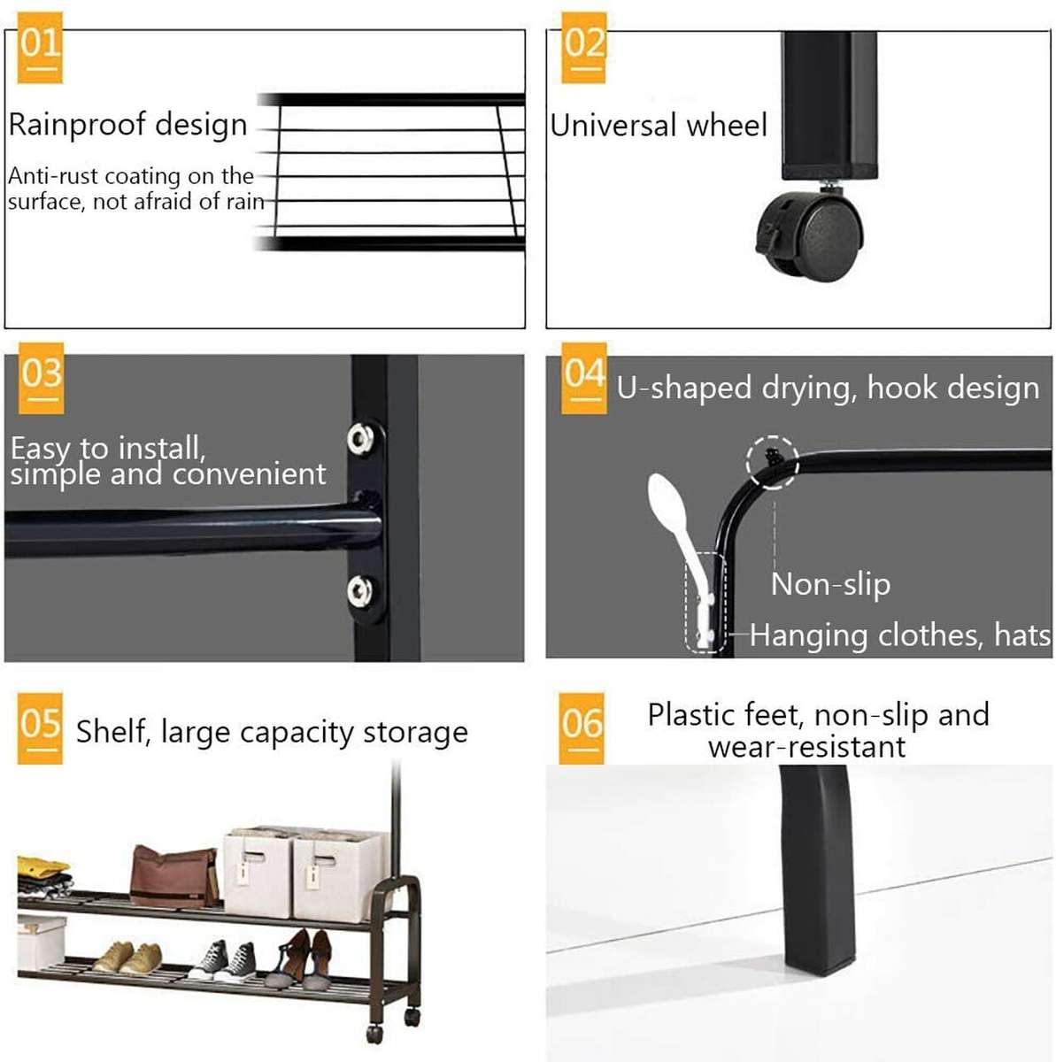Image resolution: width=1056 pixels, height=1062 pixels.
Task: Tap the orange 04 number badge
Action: pyautogui.click(x=583, y=379)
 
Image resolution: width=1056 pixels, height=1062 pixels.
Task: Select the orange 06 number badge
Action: pyautogui.click(x=581, y=727)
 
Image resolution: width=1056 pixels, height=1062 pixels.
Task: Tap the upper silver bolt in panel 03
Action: pyautogui.click(x=360, y=437)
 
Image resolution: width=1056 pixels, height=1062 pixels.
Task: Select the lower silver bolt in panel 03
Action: pyautogui.click(x=360, y=589)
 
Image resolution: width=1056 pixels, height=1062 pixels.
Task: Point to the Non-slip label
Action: pyautogui.click(x=830, y=584)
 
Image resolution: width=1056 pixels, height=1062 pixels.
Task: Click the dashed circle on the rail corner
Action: pyautogui.click(x=772, y=461)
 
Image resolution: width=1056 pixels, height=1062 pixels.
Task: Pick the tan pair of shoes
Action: pyautogui.click(x=129, y=958)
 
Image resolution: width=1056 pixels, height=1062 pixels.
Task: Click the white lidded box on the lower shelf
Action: pyautogui.click(x=40, y=943)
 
